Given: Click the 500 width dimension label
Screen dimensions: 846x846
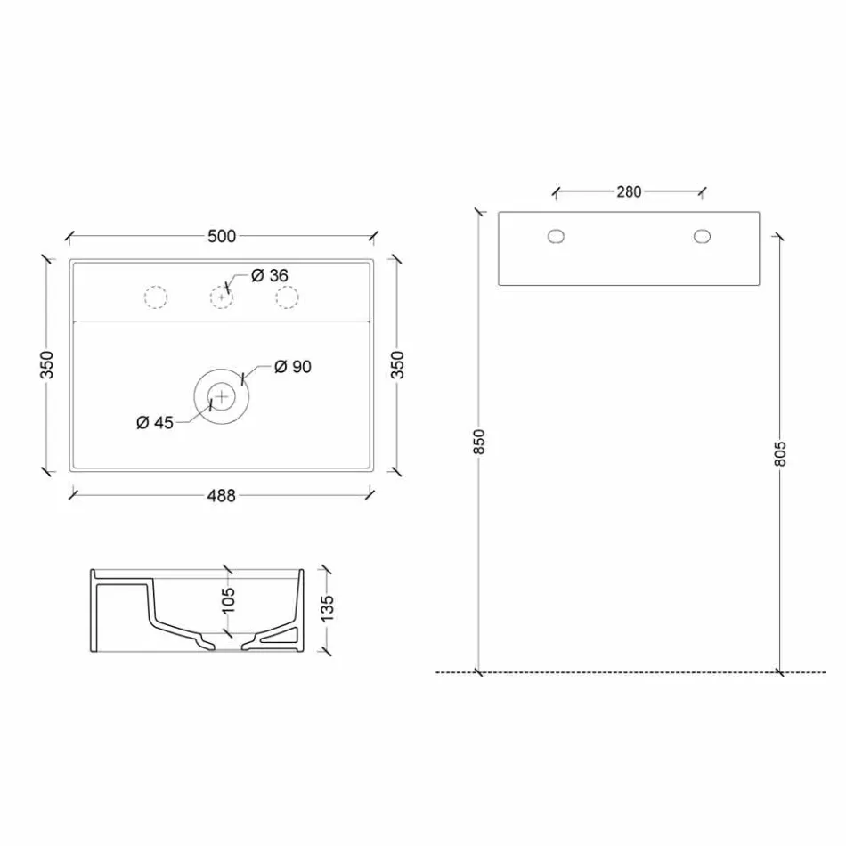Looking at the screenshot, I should click(x=222, y=236).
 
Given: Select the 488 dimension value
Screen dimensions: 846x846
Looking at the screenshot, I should click(x=222, y=496).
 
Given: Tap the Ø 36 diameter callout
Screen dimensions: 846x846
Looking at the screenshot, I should click(x=270, y=276).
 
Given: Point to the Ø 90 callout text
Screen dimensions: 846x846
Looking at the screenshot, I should click(x=293, y=366).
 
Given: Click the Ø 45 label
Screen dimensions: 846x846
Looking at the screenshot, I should click(x=155, y=423).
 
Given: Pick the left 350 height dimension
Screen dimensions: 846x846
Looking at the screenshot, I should click(x=47, y=363).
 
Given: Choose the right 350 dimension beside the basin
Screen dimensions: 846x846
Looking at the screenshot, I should click(x=398, y=363).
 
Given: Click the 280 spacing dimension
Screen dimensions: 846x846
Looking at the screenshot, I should click(x=629, y=191).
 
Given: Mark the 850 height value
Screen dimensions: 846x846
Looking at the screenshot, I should click(x=479, y=443).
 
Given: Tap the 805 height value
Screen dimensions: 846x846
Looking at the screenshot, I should click(x=781, y=454).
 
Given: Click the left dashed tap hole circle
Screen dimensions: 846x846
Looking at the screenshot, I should click(x=155, y=297).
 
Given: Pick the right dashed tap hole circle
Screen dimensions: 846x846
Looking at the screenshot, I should click(x=287, y=297).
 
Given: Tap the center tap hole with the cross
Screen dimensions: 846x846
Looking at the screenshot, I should click(x=221, y=297).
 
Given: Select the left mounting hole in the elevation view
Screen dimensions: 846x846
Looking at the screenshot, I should click(x=557, y=236).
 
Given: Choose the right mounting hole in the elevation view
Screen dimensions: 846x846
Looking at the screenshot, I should click(x=702, y=236).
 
